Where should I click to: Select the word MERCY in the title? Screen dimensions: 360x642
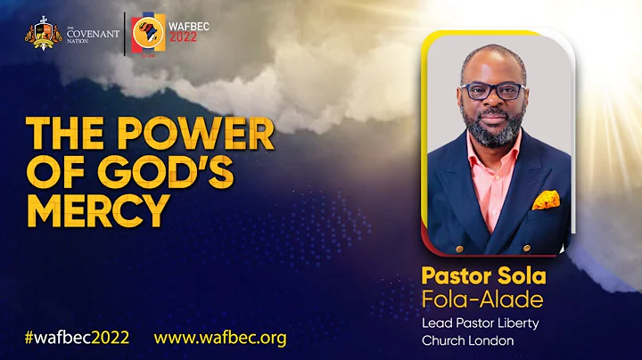coord(98,210)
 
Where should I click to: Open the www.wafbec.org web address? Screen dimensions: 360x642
coord(220,338)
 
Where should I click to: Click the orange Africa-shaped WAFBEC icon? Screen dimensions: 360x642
coord(147,35)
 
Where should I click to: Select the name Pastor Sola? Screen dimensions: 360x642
coord(484,272)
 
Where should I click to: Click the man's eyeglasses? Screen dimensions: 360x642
coord(493,92)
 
